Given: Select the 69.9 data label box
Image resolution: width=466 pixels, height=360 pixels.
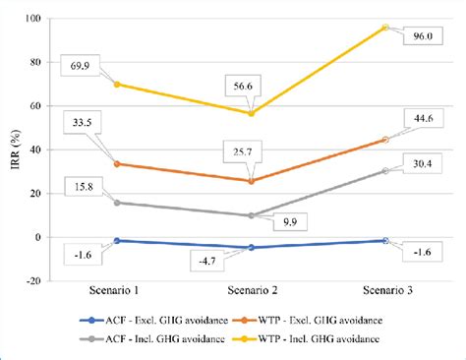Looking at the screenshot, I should pyautogui.click(x=80, y=63).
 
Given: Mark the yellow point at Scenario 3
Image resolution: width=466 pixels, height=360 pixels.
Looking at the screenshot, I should pyautogui.click(x=385, y=28).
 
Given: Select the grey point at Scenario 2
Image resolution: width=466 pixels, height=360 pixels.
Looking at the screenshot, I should pyautogui.click(x=252, y=215).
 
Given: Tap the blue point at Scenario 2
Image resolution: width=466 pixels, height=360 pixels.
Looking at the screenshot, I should pyautogui.click(x=252, y=248).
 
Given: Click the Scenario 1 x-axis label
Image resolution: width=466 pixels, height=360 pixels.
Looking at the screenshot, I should pyautogui.click(x=117, y=292).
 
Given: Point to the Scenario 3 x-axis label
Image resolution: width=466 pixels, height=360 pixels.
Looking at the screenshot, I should pyautogui.click(x=385, y=292).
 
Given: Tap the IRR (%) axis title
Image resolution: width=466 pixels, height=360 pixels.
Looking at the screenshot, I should pyautogui.click(x=13, y=150).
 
